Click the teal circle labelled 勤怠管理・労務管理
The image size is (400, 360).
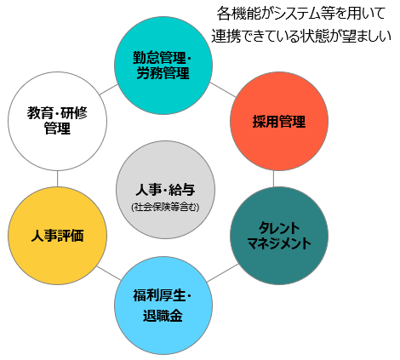point(163,66)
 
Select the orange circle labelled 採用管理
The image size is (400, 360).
point(279,121)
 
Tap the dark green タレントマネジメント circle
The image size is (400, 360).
point(279,236)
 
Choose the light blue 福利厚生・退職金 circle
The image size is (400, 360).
point(163,306)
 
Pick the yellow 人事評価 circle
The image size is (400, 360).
point(57,236)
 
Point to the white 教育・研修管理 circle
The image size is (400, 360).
point(57,121)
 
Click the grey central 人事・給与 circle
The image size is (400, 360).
point(165,190)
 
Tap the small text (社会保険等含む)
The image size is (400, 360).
point(165,208)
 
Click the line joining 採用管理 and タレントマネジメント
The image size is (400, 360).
point(273,179)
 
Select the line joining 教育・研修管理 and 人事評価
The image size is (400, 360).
point(57,179)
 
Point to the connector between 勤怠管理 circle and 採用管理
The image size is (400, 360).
point(223,89)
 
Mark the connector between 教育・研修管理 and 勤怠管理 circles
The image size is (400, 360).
point(108,89)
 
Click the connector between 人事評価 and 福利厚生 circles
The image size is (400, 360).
point(109,273)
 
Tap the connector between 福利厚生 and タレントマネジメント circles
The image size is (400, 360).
point(223,273)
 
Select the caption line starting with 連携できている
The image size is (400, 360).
point(301,36)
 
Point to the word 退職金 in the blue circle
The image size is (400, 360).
point(163,316)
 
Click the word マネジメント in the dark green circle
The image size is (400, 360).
point(279,243)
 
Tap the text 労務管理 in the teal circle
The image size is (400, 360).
point(163,73)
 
